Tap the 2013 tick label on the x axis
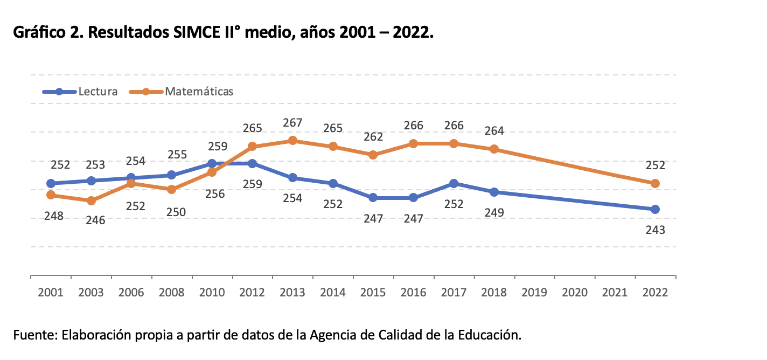tap(292, 293)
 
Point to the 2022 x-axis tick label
tap(655, 293)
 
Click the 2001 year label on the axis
tap(51, 293)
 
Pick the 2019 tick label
tap(534, 293)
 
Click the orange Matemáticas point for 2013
tap(292, 141)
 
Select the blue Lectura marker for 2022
tap(655, 209)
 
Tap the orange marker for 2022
tap(655, 184)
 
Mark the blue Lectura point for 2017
tap(454, 184)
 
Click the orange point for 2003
tap(91, 200)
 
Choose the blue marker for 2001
tap(51, 184)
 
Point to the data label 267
tap(292, 123)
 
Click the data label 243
tap(655, 230)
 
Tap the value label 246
tap(95, 220)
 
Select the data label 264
tap(494, 131)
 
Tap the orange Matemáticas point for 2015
tap(373, 155)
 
